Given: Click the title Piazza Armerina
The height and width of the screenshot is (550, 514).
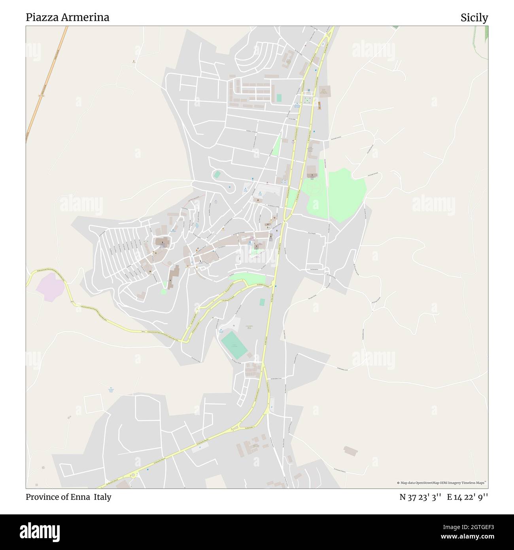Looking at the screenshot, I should click(67, 17).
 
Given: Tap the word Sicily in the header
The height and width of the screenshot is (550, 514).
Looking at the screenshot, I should click(474, 18).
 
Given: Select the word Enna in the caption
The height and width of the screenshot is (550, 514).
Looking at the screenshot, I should click(81, 497).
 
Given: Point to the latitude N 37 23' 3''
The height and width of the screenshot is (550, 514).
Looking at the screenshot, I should click(420, 497).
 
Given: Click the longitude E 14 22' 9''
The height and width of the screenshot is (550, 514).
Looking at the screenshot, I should click(467, 497).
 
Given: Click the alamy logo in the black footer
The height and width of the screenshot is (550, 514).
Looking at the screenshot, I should click(40, 531).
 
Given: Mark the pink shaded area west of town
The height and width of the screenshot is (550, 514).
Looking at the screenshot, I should click(50, 287).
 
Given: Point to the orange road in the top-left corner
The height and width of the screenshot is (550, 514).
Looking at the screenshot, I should click(47, 83).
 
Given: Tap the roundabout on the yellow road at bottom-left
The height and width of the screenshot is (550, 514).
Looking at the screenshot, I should click(133, 475).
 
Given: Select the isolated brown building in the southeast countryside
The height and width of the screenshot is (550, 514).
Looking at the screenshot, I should click(351, 451).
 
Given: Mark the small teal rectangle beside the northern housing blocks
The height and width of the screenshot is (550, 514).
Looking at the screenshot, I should click(279, 97).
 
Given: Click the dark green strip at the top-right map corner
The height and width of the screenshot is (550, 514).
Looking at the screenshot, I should click(486, 34).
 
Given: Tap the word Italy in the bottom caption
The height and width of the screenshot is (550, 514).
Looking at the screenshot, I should click(102, 497).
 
